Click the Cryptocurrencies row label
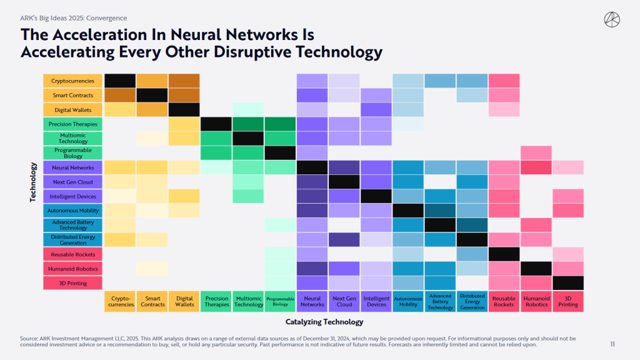coord(73,81)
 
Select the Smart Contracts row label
coord(73,95)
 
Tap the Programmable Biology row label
coord(73,153)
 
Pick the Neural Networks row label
coord(73,167)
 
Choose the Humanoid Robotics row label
coord(73,269)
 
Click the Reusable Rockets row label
coord(73,254)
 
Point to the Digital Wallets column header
coord(184,301)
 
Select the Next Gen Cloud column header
coord(344,301)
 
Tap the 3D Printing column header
coord(568,301)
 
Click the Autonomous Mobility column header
coord(408,301)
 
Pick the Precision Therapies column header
coord(217,301)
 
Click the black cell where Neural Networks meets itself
coord(312,167)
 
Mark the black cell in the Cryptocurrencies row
coord(120,81)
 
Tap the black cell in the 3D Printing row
coord(568,283)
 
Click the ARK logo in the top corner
coord(612,19)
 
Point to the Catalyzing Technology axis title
coord(324,322)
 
